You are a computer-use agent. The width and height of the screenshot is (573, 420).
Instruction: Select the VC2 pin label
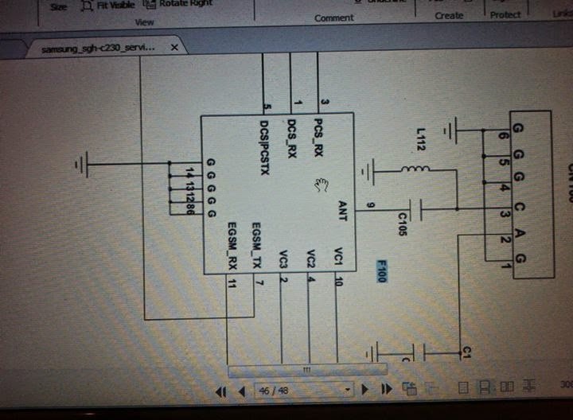[310, 259]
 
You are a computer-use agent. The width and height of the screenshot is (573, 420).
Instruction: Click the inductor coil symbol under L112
[415, 169]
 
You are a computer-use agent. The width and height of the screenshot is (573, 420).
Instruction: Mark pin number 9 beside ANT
[369, 208]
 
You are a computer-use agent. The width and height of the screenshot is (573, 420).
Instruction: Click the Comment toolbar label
[334, 17]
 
